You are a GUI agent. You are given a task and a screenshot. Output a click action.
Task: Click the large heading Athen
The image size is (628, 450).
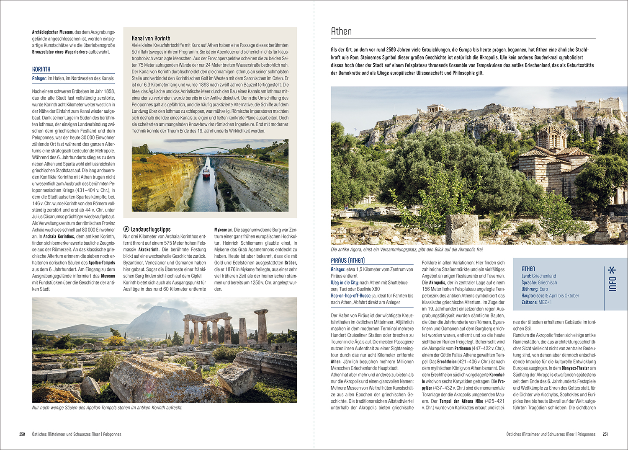tap(341, 31)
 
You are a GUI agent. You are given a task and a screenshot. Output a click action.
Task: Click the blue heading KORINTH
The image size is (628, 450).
tap(41, 69)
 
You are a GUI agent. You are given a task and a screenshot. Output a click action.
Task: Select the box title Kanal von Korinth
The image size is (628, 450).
tap(151, 38)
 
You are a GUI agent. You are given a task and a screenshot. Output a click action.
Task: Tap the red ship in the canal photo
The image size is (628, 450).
tap(206, 173)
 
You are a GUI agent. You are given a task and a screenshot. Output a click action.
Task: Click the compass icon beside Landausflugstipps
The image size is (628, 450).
tap(126, 229)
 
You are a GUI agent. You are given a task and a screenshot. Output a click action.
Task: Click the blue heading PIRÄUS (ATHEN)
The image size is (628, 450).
tap(347, 260)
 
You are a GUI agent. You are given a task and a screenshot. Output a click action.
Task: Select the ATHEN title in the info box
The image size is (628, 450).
tap(528, 269)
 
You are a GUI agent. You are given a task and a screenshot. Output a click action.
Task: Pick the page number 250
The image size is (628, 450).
tap(22, 434)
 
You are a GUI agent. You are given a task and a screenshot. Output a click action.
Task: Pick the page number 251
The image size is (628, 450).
tap(605, 434)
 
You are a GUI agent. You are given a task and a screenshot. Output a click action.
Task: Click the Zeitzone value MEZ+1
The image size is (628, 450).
tap(545, 302)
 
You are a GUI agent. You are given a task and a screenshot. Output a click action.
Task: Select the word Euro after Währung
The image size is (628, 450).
tap(543, 289)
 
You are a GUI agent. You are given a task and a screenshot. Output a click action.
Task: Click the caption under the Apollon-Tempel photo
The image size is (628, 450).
tap(107, 408)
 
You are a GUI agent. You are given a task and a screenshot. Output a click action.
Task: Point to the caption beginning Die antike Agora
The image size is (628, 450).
tap(407, 250)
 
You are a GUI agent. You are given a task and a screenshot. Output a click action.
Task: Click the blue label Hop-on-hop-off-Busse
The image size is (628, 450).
tap(351, 295)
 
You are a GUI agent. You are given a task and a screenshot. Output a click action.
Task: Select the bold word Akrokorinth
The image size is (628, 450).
tap(149, 249)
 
